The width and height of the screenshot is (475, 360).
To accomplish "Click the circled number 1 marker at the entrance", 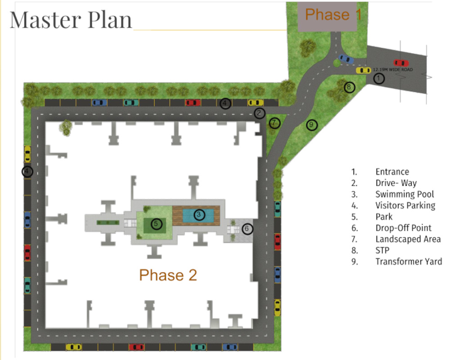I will point(379,79).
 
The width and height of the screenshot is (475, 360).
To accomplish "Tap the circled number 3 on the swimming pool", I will point(199,215).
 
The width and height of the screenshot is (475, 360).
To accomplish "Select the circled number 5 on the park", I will point(156,224).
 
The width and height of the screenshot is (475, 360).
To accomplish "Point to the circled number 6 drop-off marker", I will point(247,229).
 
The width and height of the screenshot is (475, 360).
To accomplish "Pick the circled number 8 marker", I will point(349,87).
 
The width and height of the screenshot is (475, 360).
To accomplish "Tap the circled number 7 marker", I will point(274,122).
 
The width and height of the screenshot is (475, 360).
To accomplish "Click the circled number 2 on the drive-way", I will point(259,113).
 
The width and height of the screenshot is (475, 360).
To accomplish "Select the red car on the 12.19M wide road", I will point(401,63).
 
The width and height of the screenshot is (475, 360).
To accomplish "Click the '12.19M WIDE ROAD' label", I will point(393,70).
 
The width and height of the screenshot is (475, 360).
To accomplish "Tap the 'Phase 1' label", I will point(333,14).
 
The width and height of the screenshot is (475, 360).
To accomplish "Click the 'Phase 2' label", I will point(168,275).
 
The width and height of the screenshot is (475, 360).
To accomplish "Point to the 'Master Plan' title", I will point(71,20).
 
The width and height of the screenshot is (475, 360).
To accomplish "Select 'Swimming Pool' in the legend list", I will point(405,194).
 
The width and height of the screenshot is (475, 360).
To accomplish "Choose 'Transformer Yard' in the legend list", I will point(408,261).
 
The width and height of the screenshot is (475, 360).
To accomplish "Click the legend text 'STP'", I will point(382,250).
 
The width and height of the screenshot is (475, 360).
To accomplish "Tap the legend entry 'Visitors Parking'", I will point(405,205).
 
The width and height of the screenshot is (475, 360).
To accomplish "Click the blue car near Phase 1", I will point(346,58).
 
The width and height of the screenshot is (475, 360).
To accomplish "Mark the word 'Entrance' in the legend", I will point(392,171).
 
